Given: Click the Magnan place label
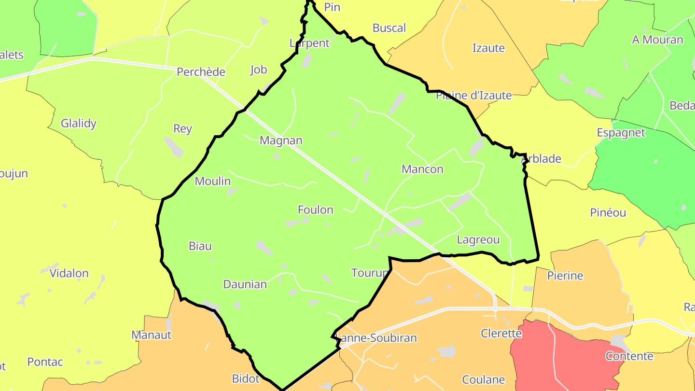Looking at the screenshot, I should pos(281,140).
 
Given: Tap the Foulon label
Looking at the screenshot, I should pos(316,210).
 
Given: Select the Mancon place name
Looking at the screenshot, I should pos(422,169).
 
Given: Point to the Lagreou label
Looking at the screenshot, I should pos(478,239).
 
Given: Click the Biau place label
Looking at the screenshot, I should pos(200,246).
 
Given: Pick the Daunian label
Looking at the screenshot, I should pos(245,284).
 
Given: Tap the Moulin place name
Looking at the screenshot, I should pos(213,182).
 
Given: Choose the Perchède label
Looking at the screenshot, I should pos(201,72).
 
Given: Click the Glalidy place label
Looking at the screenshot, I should pos(79,123).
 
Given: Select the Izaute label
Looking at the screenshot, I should pos(488,48).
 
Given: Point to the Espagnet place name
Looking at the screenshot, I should pos(621,133).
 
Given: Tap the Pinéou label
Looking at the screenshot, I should pos(608,212).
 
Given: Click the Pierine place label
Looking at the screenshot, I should pos(565,276).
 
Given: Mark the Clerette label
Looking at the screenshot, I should pos(501,334).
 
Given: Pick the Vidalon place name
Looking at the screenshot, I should pos(69,274).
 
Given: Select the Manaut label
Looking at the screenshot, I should pos(152,335).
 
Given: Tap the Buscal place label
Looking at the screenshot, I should pos(389,28).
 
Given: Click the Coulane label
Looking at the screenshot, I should pos(484,380).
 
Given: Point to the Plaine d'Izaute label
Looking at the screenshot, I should pos(473,96).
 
